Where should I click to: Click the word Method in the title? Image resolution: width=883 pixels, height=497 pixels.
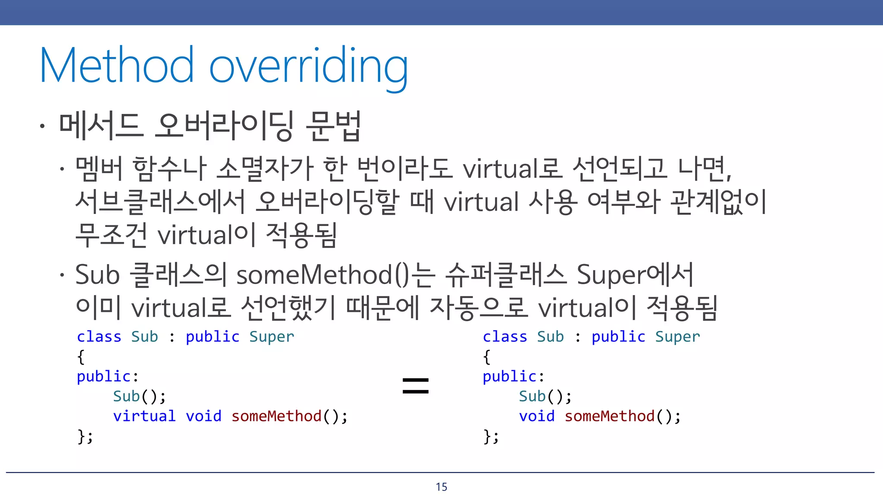[x=116, y=66]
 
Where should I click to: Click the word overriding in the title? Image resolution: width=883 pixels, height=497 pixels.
[x=308, y=67]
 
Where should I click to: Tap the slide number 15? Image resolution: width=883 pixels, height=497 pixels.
[x=441, y=487]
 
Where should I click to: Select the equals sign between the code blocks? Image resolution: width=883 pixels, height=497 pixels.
[x=415, y=385]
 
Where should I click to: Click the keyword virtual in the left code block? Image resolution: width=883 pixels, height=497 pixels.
[x=144, y=416]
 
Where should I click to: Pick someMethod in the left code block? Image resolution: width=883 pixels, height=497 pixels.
[x=276, y=416]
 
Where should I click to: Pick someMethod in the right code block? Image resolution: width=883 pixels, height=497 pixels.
[x=610, y=416]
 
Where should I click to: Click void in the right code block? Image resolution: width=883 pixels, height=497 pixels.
[x=537, y=416]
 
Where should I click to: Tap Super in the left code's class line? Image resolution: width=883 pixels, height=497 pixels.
[x=272, y=337]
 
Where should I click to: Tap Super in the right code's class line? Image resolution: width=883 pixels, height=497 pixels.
[x=677, y=337]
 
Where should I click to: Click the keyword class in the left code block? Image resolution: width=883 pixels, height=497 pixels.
[x=99, y=337]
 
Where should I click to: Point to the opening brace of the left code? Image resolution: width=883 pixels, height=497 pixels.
[x=81, y=357]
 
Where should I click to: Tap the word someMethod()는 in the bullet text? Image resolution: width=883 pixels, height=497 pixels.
[x=335, y=275]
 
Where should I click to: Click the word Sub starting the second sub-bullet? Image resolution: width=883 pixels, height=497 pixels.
[x=97, y=275]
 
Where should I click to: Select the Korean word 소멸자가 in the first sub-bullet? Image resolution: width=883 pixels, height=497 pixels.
[x=264, y=169]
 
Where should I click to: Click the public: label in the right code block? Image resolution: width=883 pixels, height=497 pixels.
[x=513, y=377]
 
